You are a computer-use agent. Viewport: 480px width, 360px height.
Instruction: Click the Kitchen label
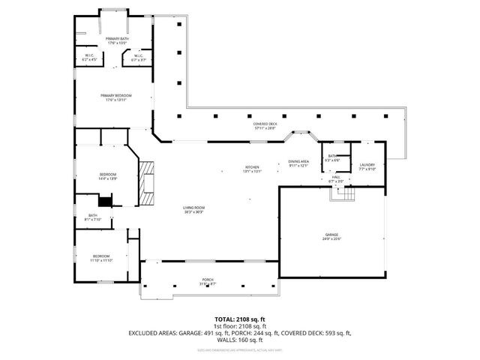tap(252, 169)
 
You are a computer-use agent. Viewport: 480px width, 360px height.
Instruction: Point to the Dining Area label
tap(298, 164)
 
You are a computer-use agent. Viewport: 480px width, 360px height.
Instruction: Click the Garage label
tap(331, 236)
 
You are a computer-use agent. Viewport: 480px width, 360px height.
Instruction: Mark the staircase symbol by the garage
tap(344, 193)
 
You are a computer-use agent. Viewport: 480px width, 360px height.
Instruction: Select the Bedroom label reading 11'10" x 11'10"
tap(101, 258)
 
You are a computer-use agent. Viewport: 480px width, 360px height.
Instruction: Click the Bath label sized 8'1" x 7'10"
tap(92, 217)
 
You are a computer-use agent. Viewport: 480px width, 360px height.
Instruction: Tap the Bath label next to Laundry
tap(332, 158)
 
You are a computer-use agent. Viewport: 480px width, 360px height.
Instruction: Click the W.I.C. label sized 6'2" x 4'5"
tap(88, 57)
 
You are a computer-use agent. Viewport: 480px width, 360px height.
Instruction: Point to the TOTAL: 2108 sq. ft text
tap(240, 319)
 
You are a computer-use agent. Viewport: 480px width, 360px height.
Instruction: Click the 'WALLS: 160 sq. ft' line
tap(240, 338)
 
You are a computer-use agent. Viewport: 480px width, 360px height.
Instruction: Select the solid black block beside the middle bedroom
tap(106, 200)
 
